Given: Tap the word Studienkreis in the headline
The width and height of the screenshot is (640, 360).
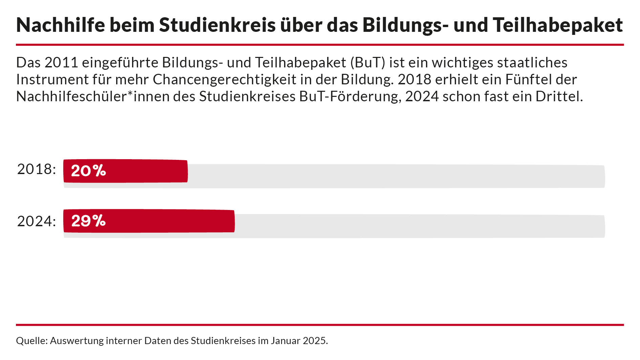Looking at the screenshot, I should coord(217,25).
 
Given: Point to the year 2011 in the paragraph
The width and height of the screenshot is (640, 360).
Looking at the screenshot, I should coord(61,63).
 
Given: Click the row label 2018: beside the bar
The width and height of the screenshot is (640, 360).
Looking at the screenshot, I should coord(37,169).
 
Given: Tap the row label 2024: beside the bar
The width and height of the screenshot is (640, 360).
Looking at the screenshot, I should coord(37,221).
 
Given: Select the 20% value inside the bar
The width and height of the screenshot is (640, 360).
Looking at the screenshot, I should coord(88,171).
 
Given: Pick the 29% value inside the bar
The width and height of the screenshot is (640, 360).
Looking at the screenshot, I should coord(88,221).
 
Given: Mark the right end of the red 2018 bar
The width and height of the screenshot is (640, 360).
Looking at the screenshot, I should coord(187,171).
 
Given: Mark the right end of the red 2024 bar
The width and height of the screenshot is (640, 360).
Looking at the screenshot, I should coord(233,221).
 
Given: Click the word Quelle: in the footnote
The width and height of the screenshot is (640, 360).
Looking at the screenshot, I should coord(31,341).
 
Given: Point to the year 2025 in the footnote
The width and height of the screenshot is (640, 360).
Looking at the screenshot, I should coord(315,341).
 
